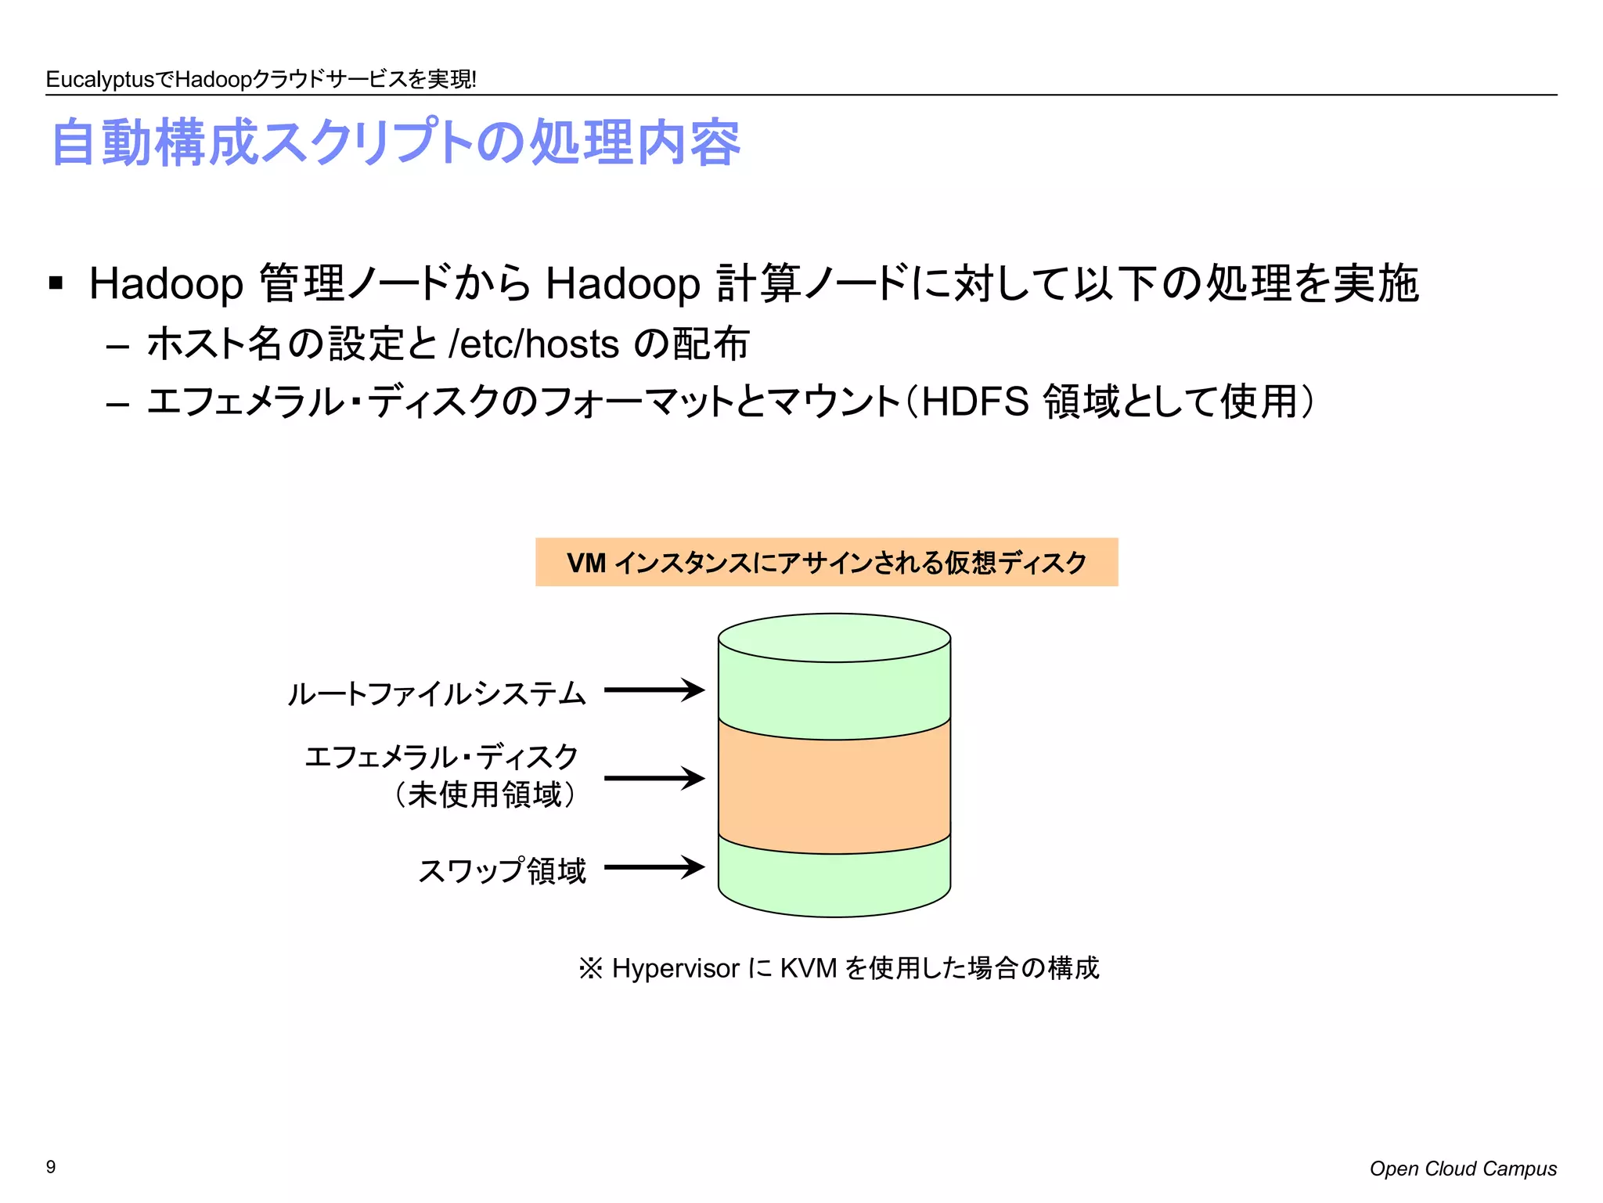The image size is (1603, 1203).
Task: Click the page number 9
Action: click(x=51, y=1167)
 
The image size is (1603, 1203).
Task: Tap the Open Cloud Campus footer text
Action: click(x=1462, y=1169)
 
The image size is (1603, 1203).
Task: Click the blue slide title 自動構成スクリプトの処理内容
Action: click(x=395, y=143)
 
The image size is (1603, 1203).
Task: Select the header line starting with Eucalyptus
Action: click(x=261, y=79)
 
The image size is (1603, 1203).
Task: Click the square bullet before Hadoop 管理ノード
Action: click(x=56, y=283)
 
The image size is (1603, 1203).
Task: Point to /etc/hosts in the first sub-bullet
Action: click(x=534, y=344)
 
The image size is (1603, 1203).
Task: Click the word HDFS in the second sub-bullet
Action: click(x=974, y=402)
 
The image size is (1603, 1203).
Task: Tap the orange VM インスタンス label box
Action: click(x=827, y=562)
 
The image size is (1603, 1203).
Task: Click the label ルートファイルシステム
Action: click(x=436, y=693)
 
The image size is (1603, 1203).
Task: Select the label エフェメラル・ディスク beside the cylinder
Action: click(x=441, y=757)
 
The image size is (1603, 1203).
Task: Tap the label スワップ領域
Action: click(x=502, y=870)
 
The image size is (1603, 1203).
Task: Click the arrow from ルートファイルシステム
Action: click(x=654, y=690)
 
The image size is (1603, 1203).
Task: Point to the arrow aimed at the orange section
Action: click(x=654, y=778)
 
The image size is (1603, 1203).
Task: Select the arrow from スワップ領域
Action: click(x=654, y=867)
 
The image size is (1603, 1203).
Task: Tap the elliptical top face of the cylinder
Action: click(x=834, y=637)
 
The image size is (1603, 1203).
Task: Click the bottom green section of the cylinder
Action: click(x=834, y=884)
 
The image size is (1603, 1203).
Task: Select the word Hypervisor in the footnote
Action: click(x=675, y=968)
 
